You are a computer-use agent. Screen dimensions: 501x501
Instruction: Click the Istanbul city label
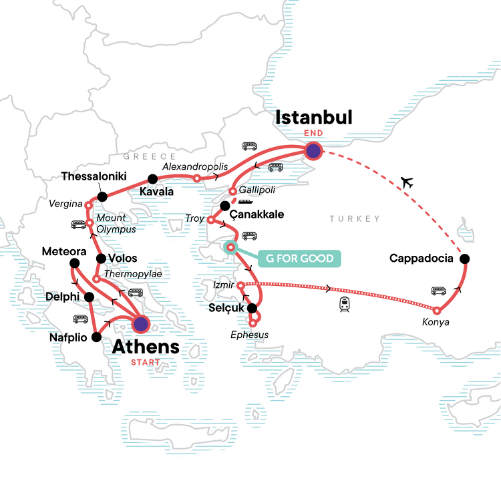coord(314,118)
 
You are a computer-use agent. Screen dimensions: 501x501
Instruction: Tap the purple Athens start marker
coord(141,324)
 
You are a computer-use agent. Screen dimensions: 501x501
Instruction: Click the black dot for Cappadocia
coord(465,259)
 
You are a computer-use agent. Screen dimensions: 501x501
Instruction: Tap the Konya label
coord(436,322)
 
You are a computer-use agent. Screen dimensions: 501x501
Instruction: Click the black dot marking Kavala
coord(152,178)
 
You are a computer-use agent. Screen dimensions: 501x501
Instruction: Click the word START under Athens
coord(145,364)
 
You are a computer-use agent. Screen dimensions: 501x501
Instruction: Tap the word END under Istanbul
coord(314,133)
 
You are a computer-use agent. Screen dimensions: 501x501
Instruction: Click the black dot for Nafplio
coord(98,337)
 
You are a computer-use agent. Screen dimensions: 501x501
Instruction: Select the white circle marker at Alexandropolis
coord(196,178)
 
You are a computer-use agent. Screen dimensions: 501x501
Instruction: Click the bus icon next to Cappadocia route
coord(439,291)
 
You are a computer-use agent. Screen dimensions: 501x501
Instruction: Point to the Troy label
coord(197,218)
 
